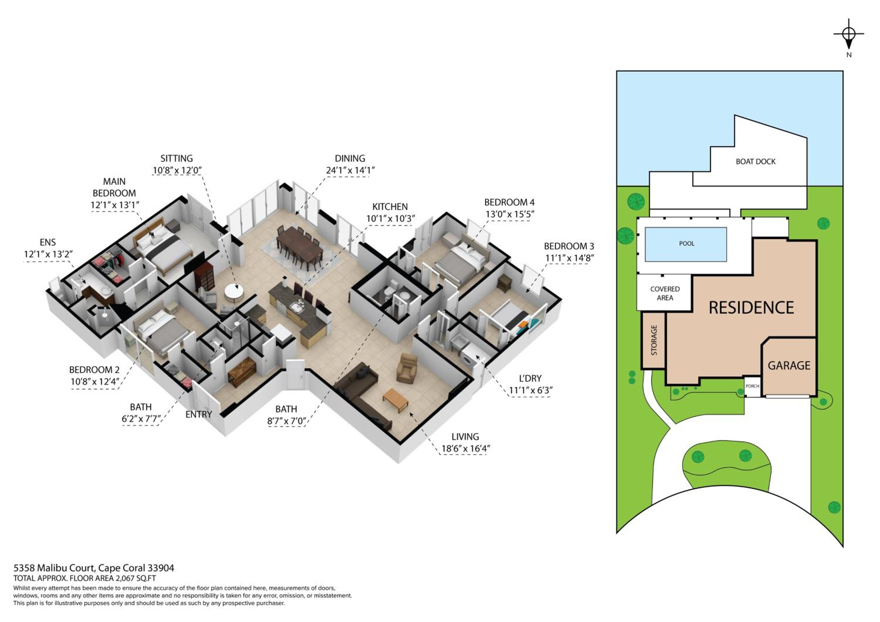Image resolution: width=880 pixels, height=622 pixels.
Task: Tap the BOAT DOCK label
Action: pos(755,162)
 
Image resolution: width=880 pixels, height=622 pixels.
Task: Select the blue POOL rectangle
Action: pos(686,244)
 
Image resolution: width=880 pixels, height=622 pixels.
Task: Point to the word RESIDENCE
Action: pos(751,307)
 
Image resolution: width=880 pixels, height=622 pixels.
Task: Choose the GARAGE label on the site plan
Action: pos(789,366)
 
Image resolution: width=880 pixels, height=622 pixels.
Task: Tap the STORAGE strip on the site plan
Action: pos(654,341)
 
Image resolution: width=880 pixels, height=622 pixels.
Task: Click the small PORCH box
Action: pos(752,386)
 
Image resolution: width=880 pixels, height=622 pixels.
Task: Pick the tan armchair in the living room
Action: pos(407,368)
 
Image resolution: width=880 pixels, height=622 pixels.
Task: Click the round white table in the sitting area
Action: pos(235,293)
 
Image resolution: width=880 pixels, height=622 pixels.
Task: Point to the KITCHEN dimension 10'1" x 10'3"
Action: pos(390,219)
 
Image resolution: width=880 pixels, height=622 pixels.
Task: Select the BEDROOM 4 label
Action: pos(509,202)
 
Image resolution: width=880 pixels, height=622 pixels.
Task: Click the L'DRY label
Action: pos(530,378)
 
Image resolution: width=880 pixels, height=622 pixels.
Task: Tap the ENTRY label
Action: pos(199,414)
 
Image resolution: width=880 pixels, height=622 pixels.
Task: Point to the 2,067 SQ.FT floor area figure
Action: pos(136,578)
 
